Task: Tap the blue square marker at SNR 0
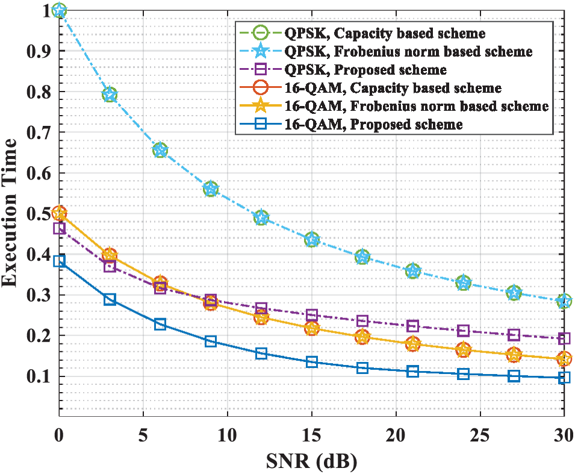(x=59, y=261)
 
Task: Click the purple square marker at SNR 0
(x=59, y=228)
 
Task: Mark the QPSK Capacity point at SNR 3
(x=110, y=95)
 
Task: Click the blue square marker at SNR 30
(x=564, y=378)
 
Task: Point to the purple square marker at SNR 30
(x=564, y=338)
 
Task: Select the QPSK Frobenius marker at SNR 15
(x=312, y=240)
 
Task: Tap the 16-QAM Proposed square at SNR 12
(x=261, y=353)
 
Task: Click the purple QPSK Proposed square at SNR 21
(x=412, y=326)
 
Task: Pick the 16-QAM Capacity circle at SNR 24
(x=463, y=350)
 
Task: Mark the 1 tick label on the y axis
(x=45, y=11)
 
